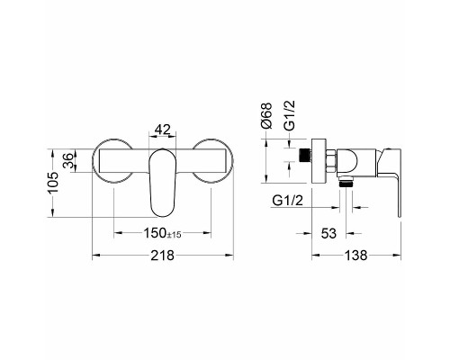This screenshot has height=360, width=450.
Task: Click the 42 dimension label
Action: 162,130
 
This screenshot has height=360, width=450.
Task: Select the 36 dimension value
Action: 68,160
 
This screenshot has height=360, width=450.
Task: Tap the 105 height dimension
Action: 53,183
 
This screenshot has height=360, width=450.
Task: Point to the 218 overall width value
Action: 162,256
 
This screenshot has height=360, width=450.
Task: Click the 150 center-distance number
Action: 155,233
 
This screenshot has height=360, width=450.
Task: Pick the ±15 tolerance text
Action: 174,235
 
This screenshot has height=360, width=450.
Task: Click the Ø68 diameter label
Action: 266,115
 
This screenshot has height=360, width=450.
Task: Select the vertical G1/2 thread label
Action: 290,115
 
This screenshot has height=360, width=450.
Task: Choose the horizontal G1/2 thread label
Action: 288,201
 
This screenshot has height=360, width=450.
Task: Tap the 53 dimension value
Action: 328,233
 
